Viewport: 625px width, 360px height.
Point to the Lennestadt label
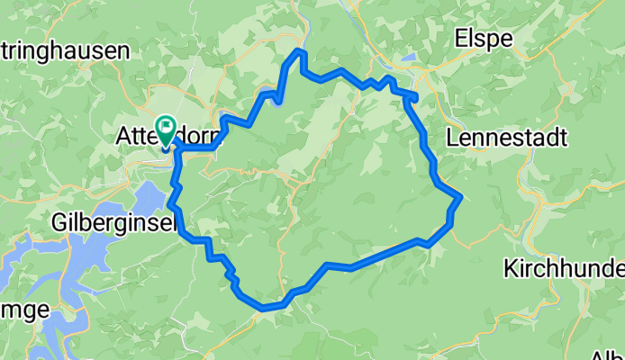(x=506, y=138)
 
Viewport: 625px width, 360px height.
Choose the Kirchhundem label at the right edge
(x=564, y=268)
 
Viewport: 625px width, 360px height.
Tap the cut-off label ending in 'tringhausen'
(x=65, y=51)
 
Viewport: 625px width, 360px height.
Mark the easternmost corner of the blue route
(x=461, y=196)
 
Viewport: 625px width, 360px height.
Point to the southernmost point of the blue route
(x=264, y=309)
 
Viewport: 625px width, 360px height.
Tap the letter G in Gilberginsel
(x=60, y=221)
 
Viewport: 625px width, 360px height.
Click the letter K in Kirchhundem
(x=511, y=268)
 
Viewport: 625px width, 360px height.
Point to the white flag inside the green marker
(x=167, y=126)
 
